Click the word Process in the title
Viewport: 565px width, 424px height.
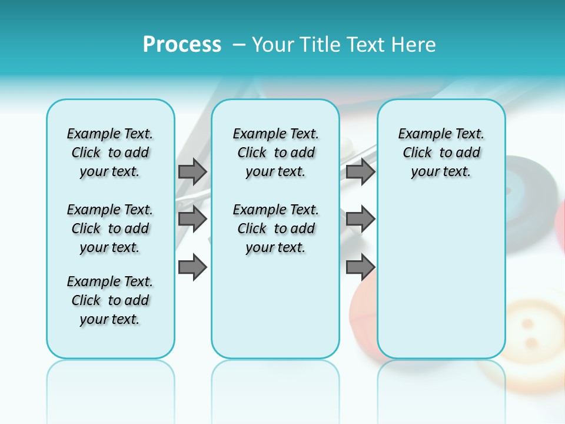(x=182, y=45)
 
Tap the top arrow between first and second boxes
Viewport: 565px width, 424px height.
(x=192, y=171)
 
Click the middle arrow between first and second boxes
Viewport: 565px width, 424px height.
(x=192, y=219)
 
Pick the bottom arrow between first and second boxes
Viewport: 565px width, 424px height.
(x=192, y=267)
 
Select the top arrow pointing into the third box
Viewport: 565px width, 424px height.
(x=360, y=171)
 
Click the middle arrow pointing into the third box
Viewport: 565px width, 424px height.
(x=360, y=219)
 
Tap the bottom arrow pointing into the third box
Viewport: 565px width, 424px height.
(x=360, y=267)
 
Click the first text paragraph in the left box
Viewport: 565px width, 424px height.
(x=110, y=153)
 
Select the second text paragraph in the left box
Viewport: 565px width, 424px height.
(x=110, y=228)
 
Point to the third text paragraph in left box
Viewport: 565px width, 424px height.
(x=110, y=300)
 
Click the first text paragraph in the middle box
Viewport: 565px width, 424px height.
(x=275, y=153)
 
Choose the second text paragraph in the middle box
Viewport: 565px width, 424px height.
(x=275, y=228)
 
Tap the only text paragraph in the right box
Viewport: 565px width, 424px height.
(x=441, y=153)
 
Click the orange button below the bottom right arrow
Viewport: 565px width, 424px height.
(x=362, y=312)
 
